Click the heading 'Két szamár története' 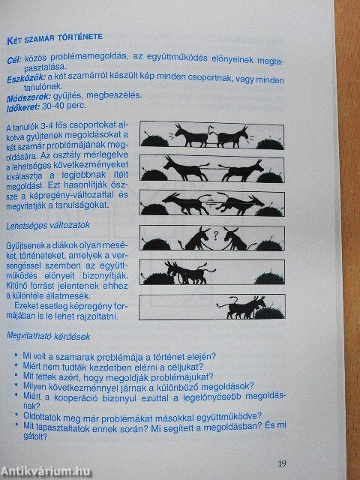54,37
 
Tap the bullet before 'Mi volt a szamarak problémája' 16,356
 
